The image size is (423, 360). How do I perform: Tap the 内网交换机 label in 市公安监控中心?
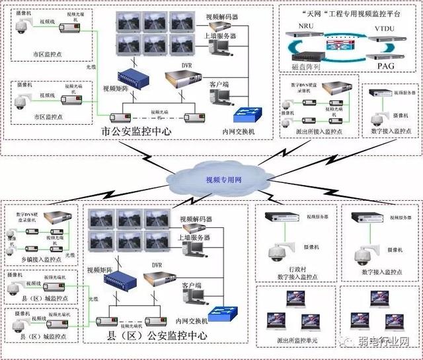click(239, 131)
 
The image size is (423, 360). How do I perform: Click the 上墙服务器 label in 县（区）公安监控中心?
click(194, 237)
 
